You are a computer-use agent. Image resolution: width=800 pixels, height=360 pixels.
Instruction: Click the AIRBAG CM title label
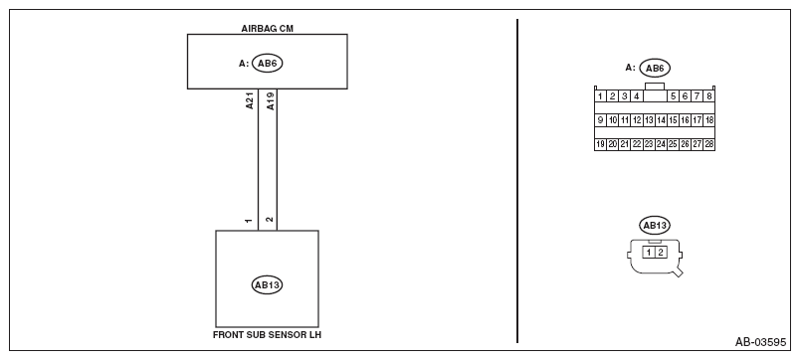tap(267, 29)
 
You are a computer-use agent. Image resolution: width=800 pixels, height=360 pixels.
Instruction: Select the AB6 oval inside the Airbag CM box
tap(267, 64)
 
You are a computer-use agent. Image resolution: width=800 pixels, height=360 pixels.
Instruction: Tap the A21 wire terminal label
tap(250, 101)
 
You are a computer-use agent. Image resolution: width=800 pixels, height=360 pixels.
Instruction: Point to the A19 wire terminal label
tap(271, 101)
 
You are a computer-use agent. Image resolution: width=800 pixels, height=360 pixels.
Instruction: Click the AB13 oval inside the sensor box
tap(267, 284)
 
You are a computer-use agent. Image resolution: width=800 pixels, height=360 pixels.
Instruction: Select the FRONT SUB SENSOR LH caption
tap(267, 335)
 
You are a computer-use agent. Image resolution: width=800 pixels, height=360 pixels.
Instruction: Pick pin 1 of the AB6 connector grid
tap(601, 95)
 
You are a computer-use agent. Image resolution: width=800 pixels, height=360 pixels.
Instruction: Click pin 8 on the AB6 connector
tap(708, 95)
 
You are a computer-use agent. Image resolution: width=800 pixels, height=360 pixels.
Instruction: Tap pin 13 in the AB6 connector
tap(649, 120)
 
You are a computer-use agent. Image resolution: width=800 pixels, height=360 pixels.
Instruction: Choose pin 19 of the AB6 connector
tap(601, 144)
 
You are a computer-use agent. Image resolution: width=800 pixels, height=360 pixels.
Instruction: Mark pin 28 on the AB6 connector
tap(708, 144)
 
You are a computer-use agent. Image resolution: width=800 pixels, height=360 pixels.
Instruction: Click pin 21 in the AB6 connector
tap(625, 144)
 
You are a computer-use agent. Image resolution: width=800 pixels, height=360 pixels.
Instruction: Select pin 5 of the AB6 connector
tap(673, 95)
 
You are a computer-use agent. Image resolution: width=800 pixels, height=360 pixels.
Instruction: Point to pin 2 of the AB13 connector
tap(661, 252)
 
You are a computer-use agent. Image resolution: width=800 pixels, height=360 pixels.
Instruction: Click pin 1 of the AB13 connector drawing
tap(649, 252)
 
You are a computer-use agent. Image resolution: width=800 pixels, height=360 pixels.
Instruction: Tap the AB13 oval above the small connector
tap(655, 226)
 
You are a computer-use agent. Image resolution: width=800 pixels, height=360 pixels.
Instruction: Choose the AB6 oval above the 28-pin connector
tap(655, 69)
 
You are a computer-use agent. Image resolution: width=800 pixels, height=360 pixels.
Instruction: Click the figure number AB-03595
tap(760, 342)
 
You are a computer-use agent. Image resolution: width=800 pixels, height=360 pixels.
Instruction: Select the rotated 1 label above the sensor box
tap(249, 221)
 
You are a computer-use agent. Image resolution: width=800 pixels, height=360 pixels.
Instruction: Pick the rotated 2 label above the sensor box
tap(270, 220)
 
